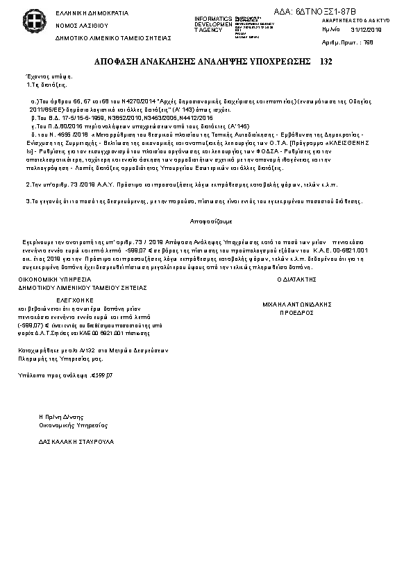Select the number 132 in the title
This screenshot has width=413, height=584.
(x=326, y=62)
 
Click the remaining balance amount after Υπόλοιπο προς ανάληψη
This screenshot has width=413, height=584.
(x=102, y=375)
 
